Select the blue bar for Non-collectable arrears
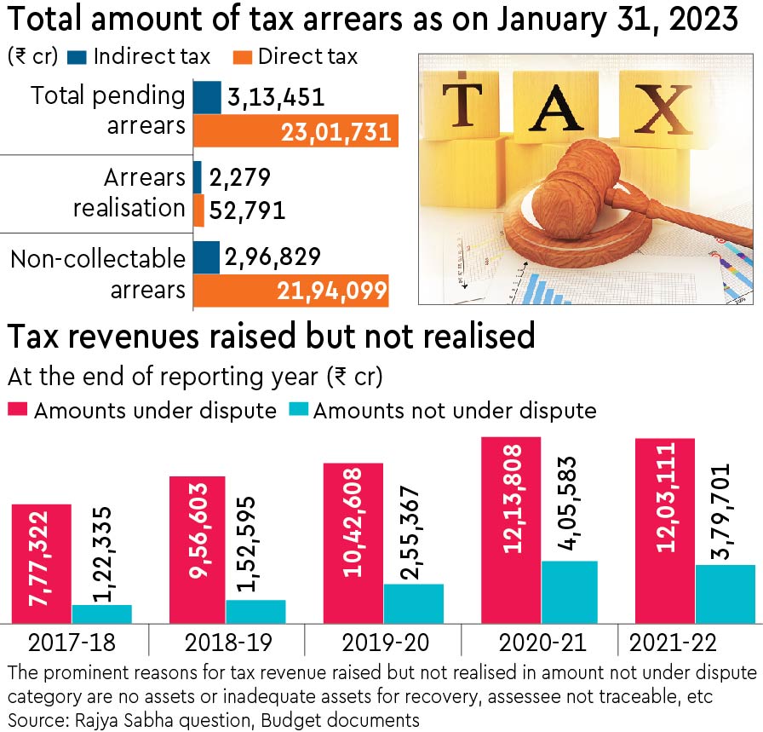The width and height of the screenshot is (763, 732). pyautogui.click(x=207, y=257)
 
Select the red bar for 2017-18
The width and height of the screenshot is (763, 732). pyautogui.click(x=42, y=563)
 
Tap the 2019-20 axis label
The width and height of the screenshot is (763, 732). pyautogui.click(x=381, y=643)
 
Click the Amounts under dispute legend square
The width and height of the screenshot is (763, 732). pyautogui.click(x=18, y=411)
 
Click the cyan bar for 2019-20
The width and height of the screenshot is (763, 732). pyautogui.click(x=413, y=603)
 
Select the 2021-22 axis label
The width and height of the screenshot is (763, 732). pyautogui.click(x=669, y=643)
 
